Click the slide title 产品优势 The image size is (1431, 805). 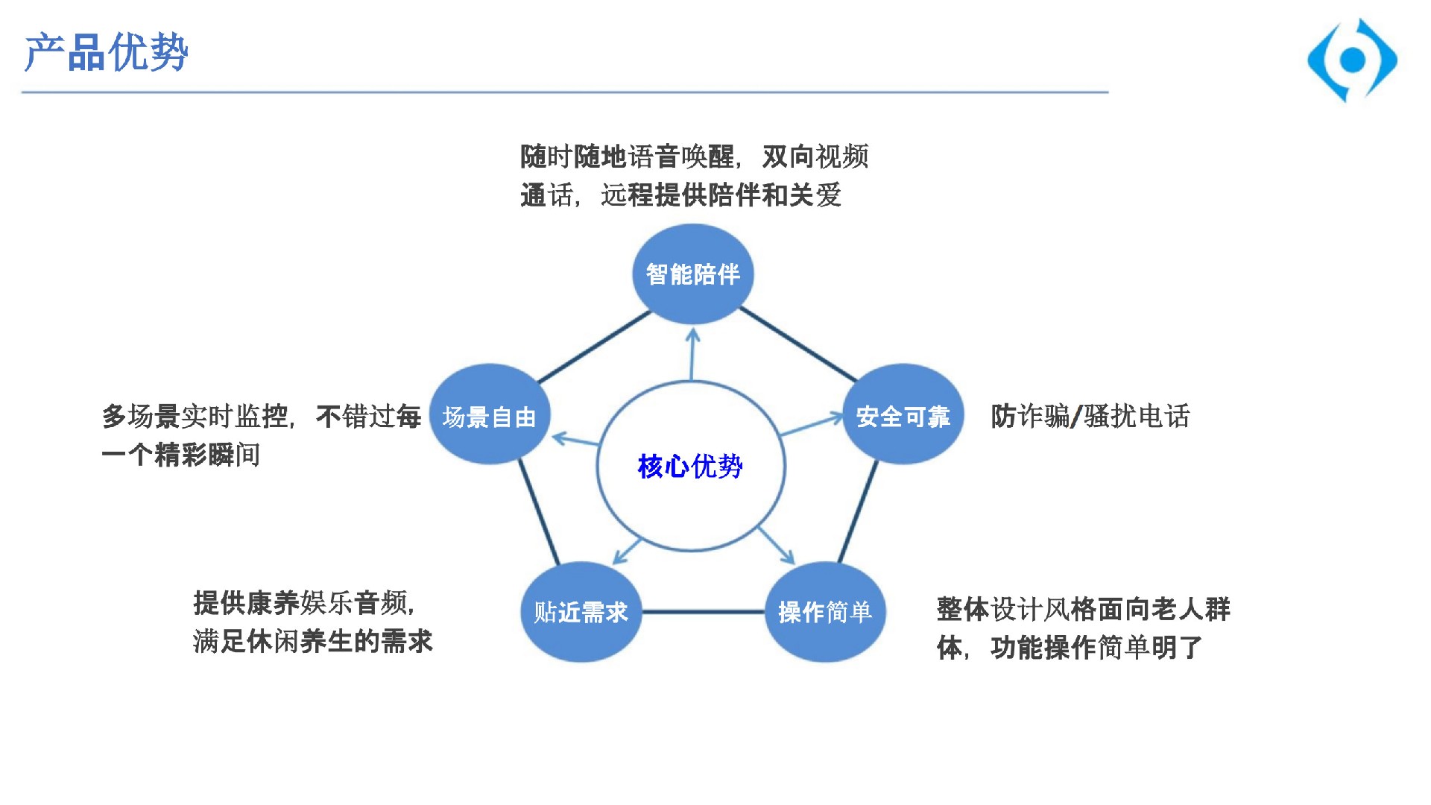pos(106,53)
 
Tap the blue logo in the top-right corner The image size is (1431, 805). pos(1352,60)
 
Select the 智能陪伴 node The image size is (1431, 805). pos(693,274)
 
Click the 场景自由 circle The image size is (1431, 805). pos(490,414)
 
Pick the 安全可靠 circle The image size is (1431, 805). pos(903,414)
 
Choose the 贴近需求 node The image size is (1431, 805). pos(581,612)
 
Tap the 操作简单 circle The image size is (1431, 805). pos(825,612)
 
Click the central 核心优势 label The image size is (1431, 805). pos(690,467)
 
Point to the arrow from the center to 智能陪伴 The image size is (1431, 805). pos(692,354)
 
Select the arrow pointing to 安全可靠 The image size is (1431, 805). pos(811,424)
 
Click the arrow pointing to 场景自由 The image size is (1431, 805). pos(575,440)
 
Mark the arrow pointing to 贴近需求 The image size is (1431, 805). pos(627,550)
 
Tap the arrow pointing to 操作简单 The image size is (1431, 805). pos(777,546)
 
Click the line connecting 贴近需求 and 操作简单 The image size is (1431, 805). pos(704,612)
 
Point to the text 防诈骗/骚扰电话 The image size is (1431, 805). pos(1090,416)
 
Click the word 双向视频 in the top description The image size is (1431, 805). pos(815,157)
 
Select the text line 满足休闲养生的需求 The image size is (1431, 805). pos(313,641)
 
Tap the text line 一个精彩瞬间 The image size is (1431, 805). pos(181,455)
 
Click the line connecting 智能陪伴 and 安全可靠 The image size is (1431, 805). pos(798,344)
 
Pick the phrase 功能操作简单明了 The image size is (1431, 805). pos(1097,648)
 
